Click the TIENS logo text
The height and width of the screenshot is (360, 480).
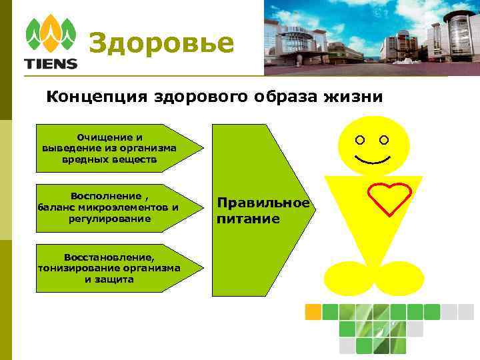(x=51, y=64)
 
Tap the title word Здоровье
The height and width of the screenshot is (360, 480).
(x=161, y=43)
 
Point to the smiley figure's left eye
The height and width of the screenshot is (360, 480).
(x=361, y=141)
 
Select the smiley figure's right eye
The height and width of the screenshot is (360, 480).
(x=384, y=141)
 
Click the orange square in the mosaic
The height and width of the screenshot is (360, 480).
(x=313, y=311)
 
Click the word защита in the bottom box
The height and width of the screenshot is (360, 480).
(x=114, y=279)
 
